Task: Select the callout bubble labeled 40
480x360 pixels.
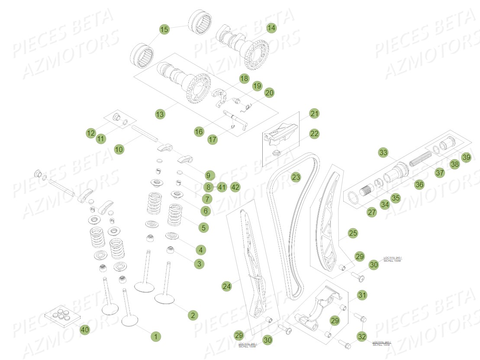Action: pos(85,330)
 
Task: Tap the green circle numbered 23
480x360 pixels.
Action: pos(295,177)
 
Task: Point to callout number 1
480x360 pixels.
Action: pos(155,336)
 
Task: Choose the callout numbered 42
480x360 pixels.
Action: pos(235,188)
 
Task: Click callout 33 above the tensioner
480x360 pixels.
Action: pos(383,152)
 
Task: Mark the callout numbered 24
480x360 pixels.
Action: pos(227,286)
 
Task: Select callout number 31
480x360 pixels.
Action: pos(362,295)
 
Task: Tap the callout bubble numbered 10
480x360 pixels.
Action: pos(119,149)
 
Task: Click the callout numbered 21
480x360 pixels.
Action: pos(314,114)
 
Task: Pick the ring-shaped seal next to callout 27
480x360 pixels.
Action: pos(354,199)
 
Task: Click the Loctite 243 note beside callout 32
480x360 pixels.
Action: pos(382,344)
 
